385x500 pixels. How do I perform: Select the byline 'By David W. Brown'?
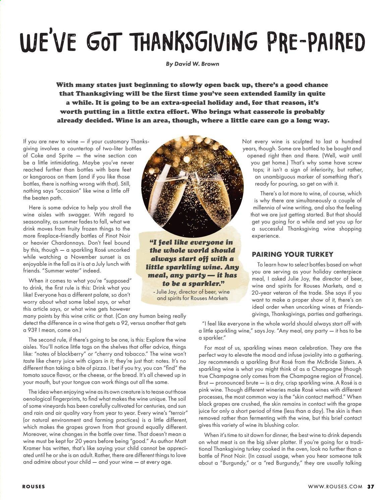tap(192, 64)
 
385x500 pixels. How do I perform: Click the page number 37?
tap(370, 486)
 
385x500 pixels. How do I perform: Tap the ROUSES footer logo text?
tap(34, 486)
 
